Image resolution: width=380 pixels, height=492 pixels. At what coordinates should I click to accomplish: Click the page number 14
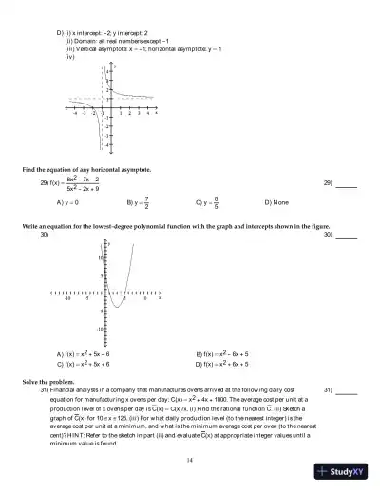click(x=190, y=460)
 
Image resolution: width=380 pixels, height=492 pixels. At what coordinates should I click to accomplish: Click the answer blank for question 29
click(x=346, y=183)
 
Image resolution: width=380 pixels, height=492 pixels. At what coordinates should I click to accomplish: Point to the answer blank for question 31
click(x=346, y=390)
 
